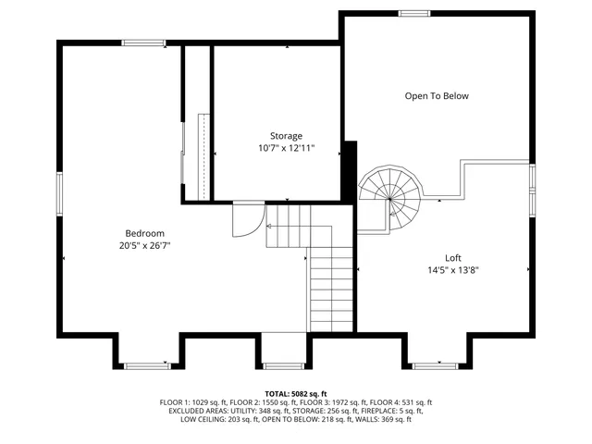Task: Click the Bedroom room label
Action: point(145,232)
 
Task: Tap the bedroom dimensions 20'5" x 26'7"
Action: point(145,245)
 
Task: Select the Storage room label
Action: point(286,136)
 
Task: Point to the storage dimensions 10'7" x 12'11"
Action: point(286,148)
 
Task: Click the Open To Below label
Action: point(437,96)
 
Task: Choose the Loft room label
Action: point(452,258)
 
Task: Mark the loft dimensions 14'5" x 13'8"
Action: point(452,270)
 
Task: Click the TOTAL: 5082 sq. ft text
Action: point(295,393)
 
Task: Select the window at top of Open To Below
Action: point(413,13)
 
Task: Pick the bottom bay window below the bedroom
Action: point(146,365)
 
